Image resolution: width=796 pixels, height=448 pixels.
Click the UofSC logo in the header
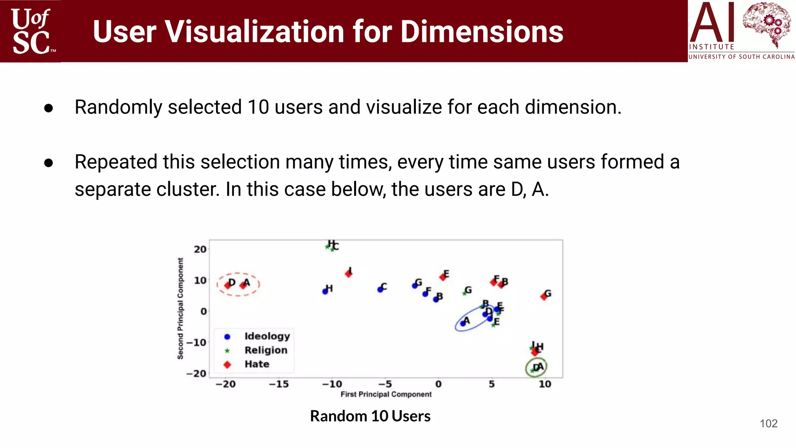31,31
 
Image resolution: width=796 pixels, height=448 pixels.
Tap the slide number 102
768,423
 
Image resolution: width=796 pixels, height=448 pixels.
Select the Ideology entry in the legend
267,336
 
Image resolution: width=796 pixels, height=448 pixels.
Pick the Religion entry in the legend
265,350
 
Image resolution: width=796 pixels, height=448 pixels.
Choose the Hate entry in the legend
257,364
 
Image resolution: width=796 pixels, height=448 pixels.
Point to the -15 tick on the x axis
279,384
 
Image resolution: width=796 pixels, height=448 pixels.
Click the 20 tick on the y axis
200,249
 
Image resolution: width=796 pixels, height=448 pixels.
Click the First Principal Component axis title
386,394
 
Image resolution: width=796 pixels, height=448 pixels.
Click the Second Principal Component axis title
180,308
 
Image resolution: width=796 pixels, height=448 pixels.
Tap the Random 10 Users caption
370,416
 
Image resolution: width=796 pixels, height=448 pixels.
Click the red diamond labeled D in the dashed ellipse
228,285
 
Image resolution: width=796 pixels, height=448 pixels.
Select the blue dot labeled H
325,291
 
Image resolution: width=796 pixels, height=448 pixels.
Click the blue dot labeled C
380,289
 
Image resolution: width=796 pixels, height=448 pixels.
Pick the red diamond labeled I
349,274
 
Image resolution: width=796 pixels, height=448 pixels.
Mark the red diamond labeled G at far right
544,297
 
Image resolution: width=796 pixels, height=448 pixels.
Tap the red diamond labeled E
443,277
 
